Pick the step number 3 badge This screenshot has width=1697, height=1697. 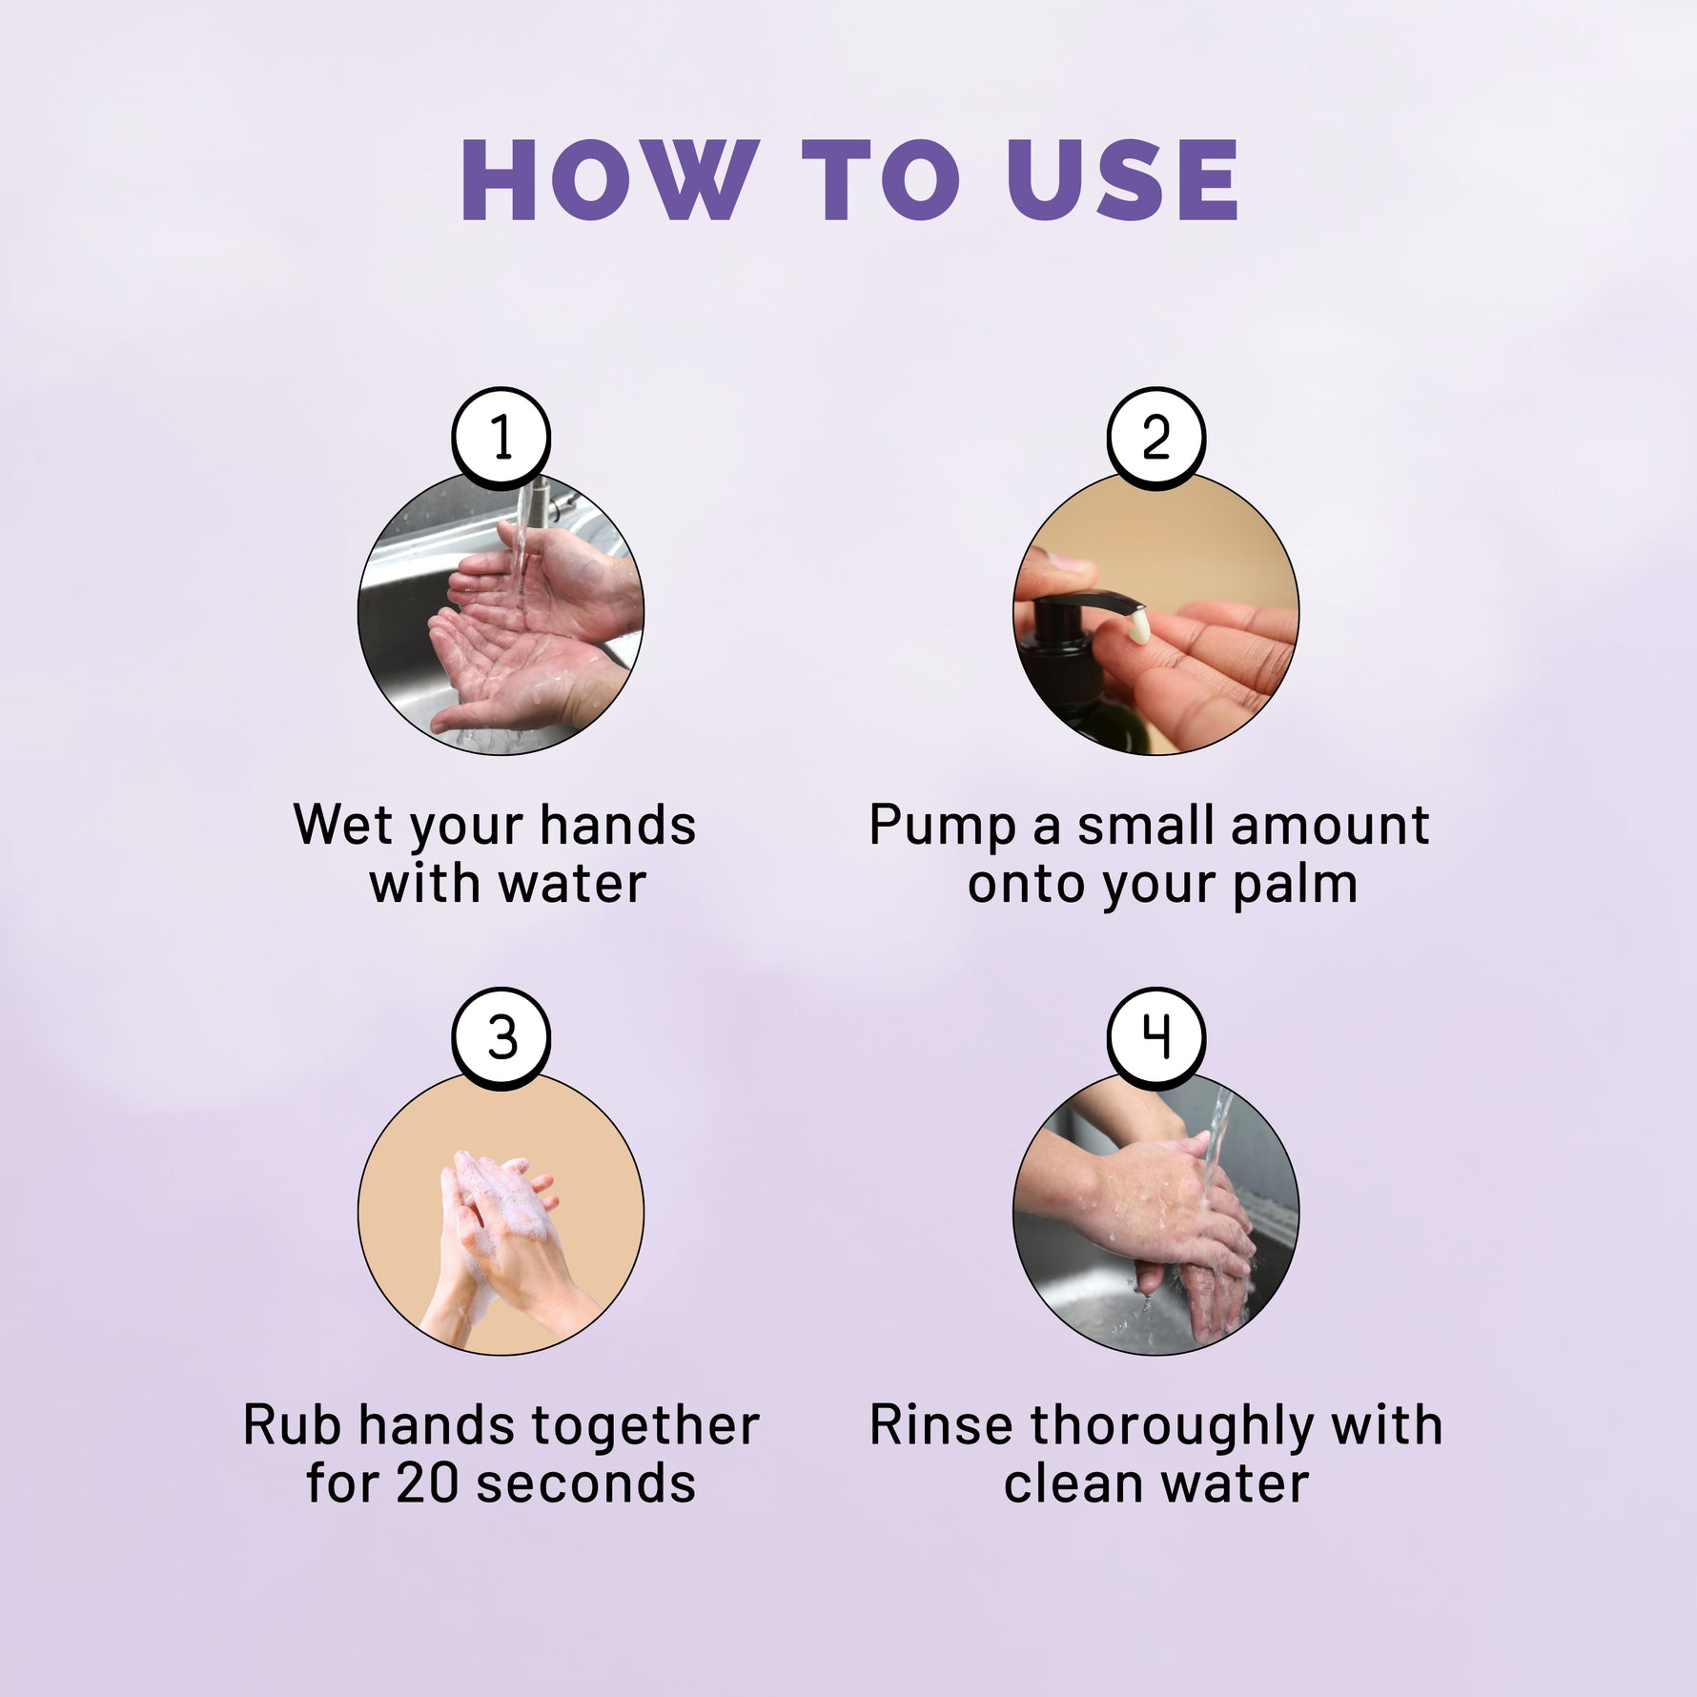(x=501, y=1037)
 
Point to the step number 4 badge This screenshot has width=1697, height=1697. (x=1155, y=1037)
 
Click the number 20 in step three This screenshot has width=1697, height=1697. (x=425, y=1485)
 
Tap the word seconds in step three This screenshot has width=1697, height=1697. (x=583, y=1485)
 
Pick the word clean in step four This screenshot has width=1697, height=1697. (x=1073, y=1485)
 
